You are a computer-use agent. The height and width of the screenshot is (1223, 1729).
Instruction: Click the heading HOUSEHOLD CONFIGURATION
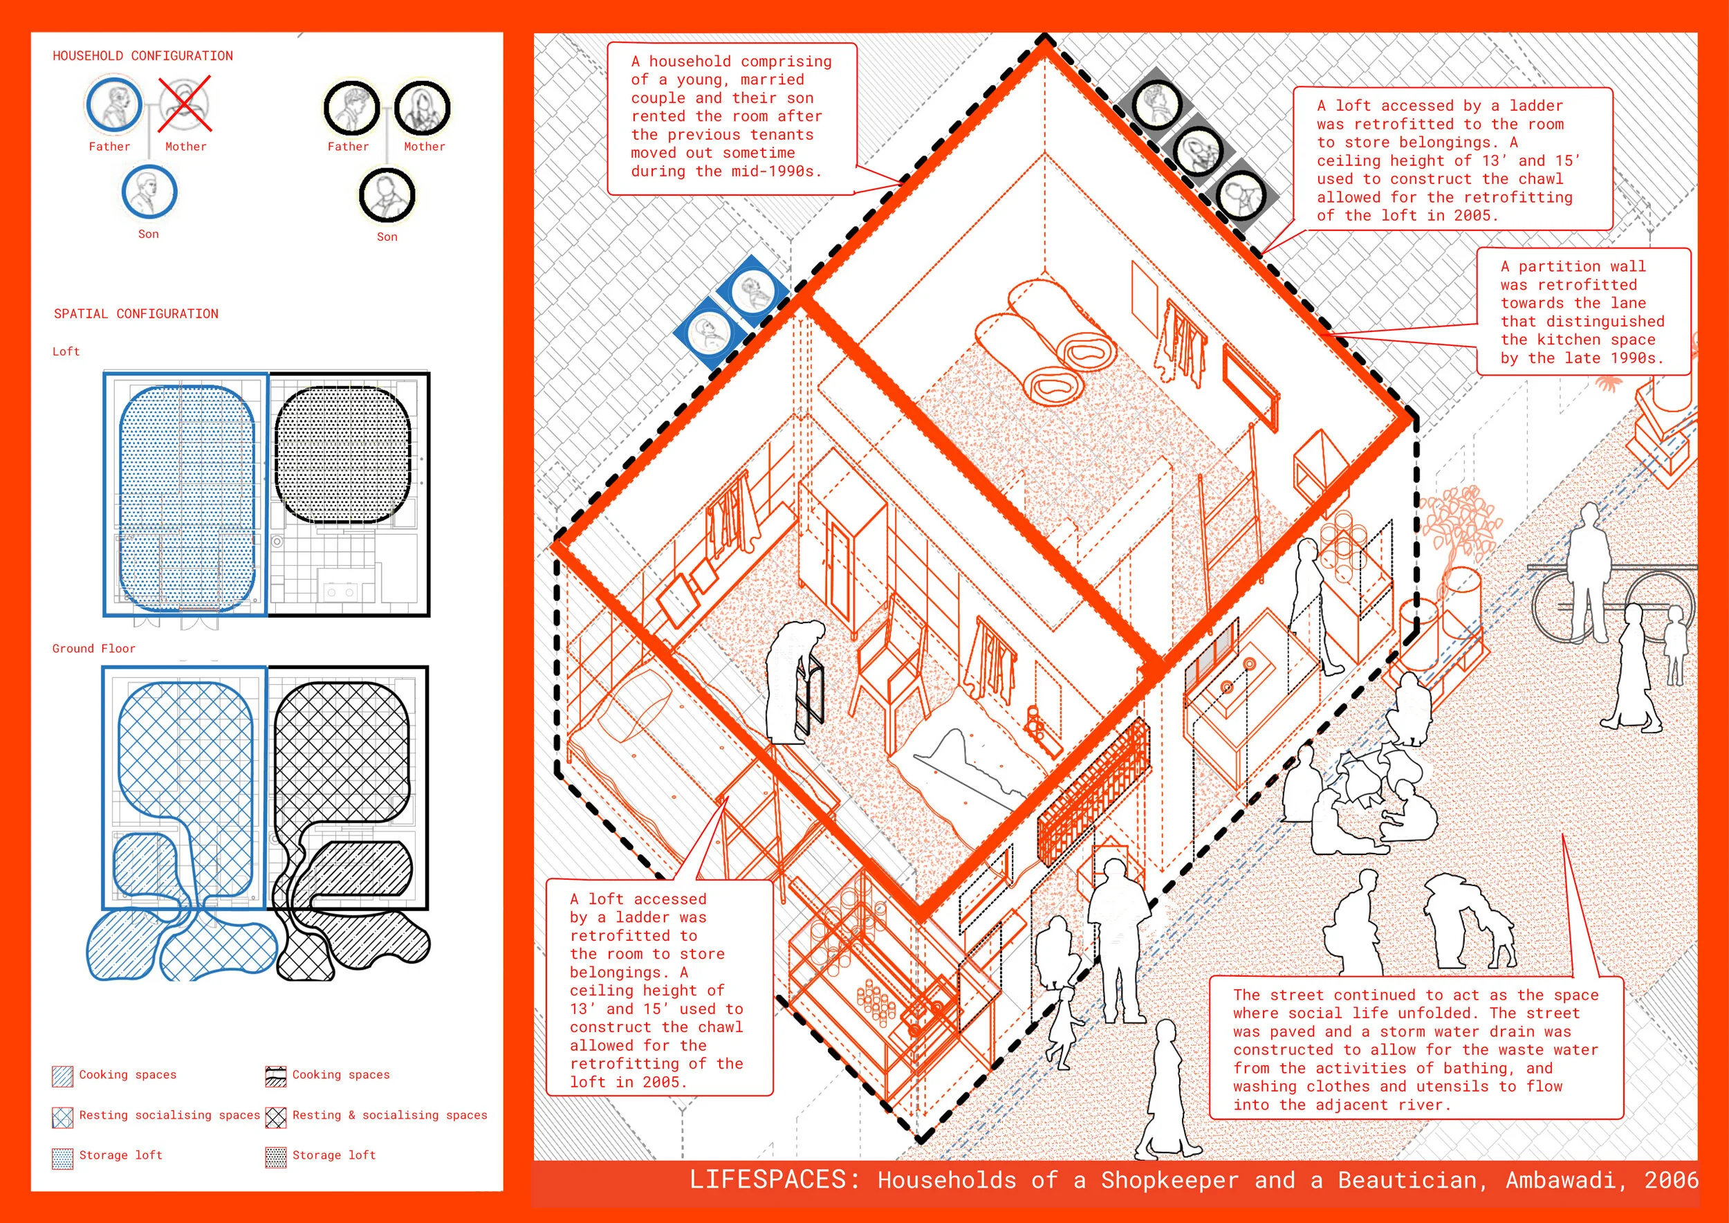coord(142,56)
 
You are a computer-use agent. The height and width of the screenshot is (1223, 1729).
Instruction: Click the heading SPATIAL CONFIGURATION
coord(136,314)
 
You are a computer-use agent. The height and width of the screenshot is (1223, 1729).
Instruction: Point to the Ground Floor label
coord(93,648)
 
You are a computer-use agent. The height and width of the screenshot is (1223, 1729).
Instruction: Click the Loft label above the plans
coord(66,351)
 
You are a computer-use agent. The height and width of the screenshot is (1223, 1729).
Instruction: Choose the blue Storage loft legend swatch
coord(62,1157)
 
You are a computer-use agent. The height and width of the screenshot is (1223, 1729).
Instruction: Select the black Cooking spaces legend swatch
coord(276,1077)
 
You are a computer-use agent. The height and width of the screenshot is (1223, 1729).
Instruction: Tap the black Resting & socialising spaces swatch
coord(276,1116)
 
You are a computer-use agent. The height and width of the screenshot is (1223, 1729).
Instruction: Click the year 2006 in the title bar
coord(1671,1180)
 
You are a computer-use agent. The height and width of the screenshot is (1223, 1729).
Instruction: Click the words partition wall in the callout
coord(1582,266)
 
